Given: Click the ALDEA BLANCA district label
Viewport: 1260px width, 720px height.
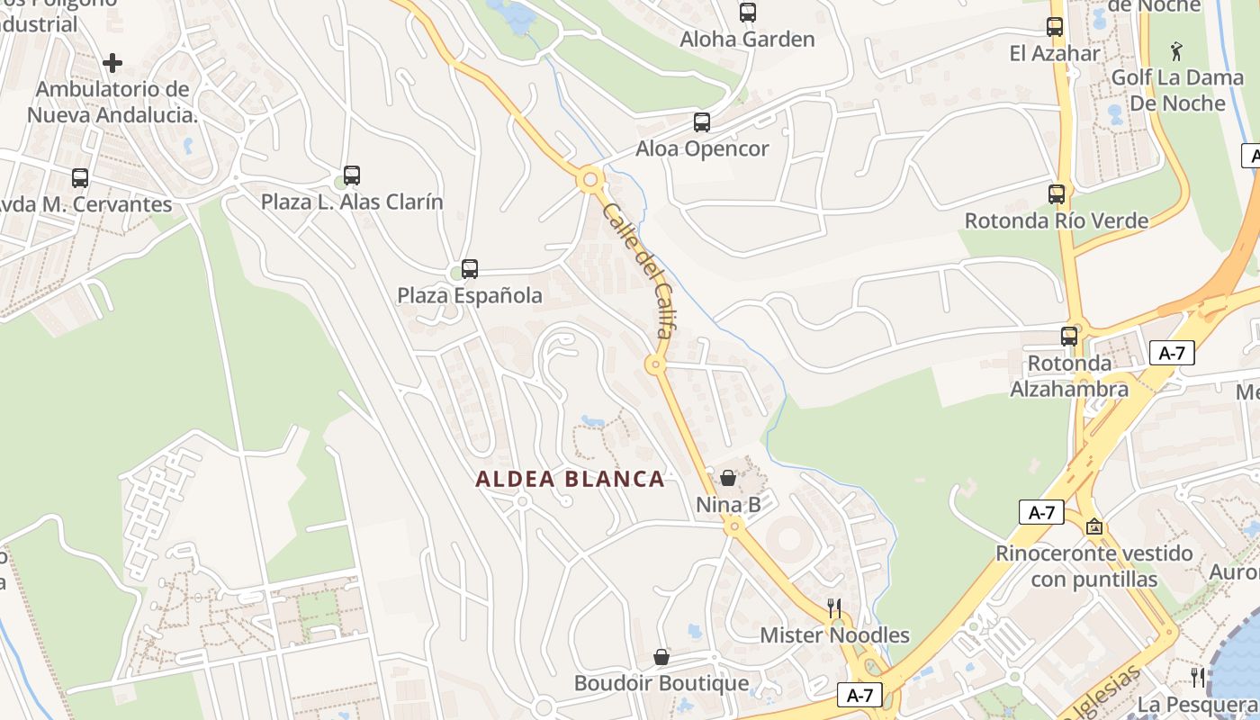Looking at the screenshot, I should click(570, 479).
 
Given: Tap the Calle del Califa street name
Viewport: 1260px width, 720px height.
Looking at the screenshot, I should click(638, 270).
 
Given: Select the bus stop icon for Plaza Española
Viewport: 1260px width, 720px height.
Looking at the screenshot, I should click(470, 268).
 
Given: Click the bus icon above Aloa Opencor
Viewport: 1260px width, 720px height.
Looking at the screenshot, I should click(702, 122).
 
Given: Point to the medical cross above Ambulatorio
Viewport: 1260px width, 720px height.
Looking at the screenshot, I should click(112, 63).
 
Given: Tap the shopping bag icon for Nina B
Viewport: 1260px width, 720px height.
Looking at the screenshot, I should click(728, 478).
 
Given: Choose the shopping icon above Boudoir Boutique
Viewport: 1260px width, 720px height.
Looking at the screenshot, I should click(661, 658).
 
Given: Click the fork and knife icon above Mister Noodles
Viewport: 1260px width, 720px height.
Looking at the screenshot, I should click(834, 608).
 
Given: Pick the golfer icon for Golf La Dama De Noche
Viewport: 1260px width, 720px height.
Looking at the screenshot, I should click(1176, 50).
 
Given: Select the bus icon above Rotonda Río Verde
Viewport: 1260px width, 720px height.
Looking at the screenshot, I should click(1057, 193).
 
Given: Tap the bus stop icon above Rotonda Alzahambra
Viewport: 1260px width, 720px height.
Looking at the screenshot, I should click(1069, 337).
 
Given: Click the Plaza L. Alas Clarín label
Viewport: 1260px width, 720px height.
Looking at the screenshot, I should click(352, 202).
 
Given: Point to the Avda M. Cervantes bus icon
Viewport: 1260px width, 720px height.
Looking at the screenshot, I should click(80, 178).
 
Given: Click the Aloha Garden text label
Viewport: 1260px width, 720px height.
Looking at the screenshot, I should click(747, 40).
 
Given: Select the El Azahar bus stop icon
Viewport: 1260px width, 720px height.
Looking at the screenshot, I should click(1055, 27).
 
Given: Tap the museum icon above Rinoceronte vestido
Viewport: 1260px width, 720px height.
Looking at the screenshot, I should click(1094, 526).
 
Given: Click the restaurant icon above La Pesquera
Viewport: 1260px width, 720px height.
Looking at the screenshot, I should click(1198, 677).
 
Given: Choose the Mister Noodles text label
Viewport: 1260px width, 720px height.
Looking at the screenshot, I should click(834, 635).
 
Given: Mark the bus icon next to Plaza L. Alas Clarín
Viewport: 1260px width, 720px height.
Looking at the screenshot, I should click(352, 175).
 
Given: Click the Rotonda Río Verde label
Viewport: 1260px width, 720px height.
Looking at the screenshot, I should click(1057, 220).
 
